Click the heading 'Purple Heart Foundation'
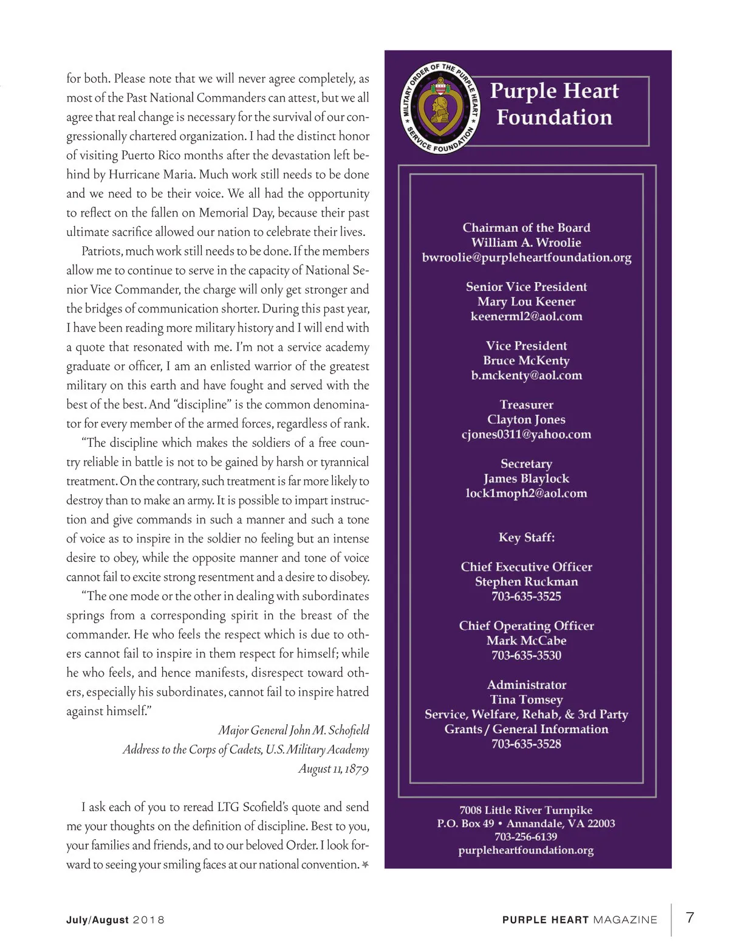pyautogui.click(x=554, y=104)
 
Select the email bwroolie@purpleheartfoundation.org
pyautogui.click(x=527, y=257)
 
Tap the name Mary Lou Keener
pyautogui.click(x=526, y=302)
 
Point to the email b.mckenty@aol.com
pyautogui.click(x=526, y=375)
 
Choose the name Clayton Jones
pyautogui.click(x=526, y=420)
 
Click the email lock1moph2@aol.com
pyautogui.click(x=526, y=493)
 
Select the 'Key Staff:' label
pyautogui.click(x=526, y=538)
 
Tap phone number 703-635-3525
pyautogui.click(x=526, y=597)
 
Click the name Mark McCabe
pyautogui.click(x=526, y=640)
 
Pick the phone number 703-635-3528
pyautogui.click(x=526, y=744)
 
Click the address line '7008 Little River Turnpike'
pyautogui.click(x=525, y=810)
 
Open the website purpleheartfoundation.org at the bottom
pyautogui.click(x=525, y=850)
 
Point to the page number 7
pyautogui.click(x=690, y=918)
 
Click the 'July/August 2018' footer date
pyautogui.click(x=115, y=920)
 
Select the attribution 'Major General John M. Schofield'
pyautogui.click(x=293, y=730)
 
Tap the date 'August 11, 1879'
pyautogui.click(x=333, y=769)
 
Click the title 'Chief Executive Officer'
pyautogui.click(x=526, y=567)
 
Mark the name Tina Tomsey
pyautogui.click(x=526, y=699)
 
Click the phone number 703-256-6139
pyautogui.click(x=525, y=837)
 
